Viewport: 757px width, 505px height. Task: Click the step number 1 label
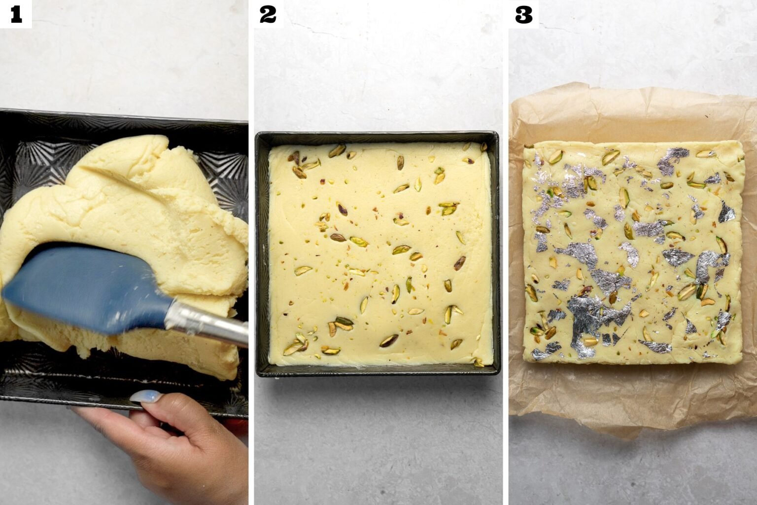click(x=16, y=14)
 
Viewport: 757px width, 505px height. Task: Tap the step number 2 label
click(x=268, y=14)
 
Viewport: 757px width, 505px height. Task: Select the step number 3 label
click(x=523, y=14)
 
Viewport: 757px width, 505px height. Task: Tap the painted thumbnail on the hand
click(x=150, y=396)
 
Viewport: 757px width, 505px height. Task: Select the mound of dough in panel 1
click(x=148, y=197)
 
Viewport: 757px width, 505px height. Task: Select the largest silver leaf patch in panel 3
click(x=586, y=311)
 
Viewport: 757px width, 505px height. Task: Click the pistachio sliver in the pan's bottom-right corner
click(x=477, y=362)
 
